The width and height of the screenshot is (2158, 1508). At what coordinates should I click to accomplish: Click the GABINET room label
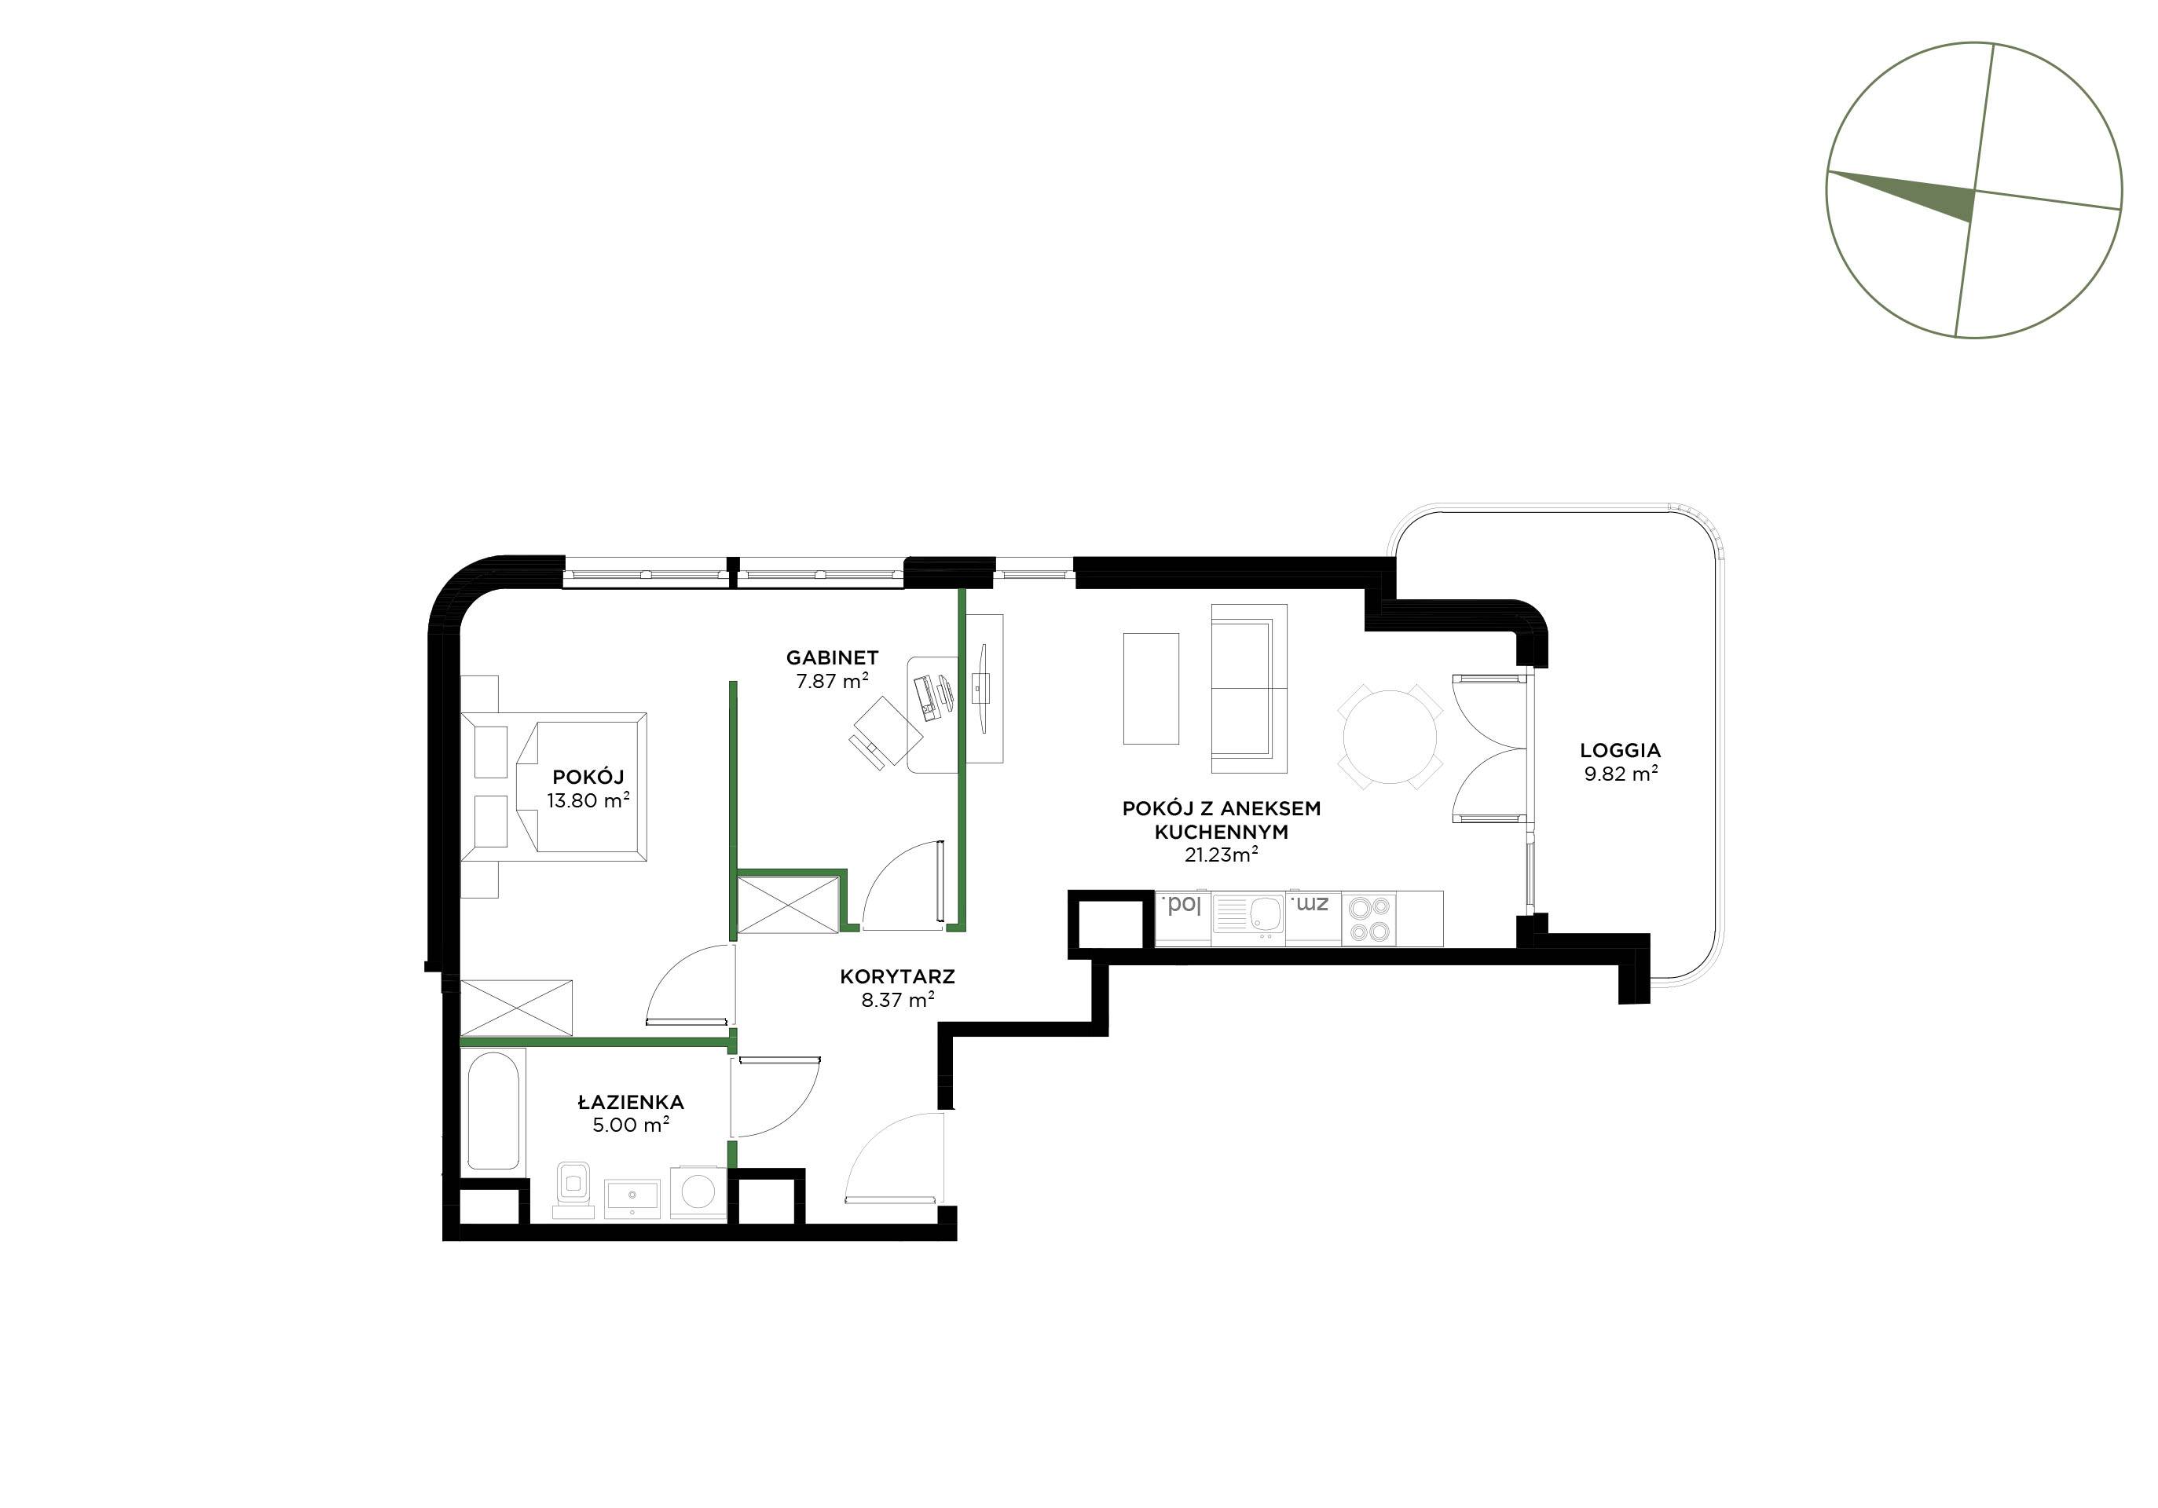point(832,657)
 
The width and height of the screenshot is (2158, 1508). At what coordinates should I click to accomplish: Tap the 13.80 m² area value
point(588,800)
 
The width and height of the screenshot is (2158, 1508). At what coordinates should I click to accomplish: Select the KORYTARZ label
point(898,977)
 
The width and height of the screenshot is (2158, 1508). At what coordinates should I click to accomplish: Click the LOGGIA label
point(1621,751)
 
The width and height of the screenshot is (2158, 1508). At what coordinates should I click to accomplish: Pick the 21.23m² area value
point(1221,855)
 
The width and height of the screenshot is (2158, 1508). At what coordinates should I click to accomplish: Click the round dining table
point(1391,736)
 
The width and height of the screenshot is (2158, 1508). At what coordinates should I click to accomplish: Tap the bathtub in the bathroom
point(493,1110)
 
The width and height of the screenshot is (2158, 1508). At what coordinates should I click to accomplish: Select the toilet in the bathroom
point(571,1191)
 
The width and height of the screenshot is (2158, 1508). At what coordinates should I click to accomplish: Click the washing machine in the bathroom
point(698,1193)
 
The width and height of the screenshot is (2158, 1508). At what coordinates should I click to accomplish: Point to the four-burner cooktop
point(1368,919)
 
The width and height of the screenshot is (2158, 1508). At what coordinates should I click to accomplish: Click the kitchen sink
point(1248,918)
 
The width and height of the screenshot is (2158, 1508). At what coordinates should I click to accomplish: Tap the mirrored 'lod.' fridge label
point(1182,906)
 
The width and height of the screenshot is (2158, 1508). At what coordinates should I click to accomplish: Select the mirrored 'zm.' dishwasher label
point(1311,905)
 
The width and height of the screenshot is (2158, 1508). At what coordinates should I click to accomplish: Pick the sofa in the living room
point(1249,689)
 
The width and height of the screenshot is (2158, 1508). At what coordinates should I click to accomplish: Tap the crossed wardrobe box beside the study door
point(788,905)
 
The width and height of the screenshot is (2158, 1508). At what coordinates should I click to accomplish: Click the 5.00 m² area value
point(631,1125)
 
